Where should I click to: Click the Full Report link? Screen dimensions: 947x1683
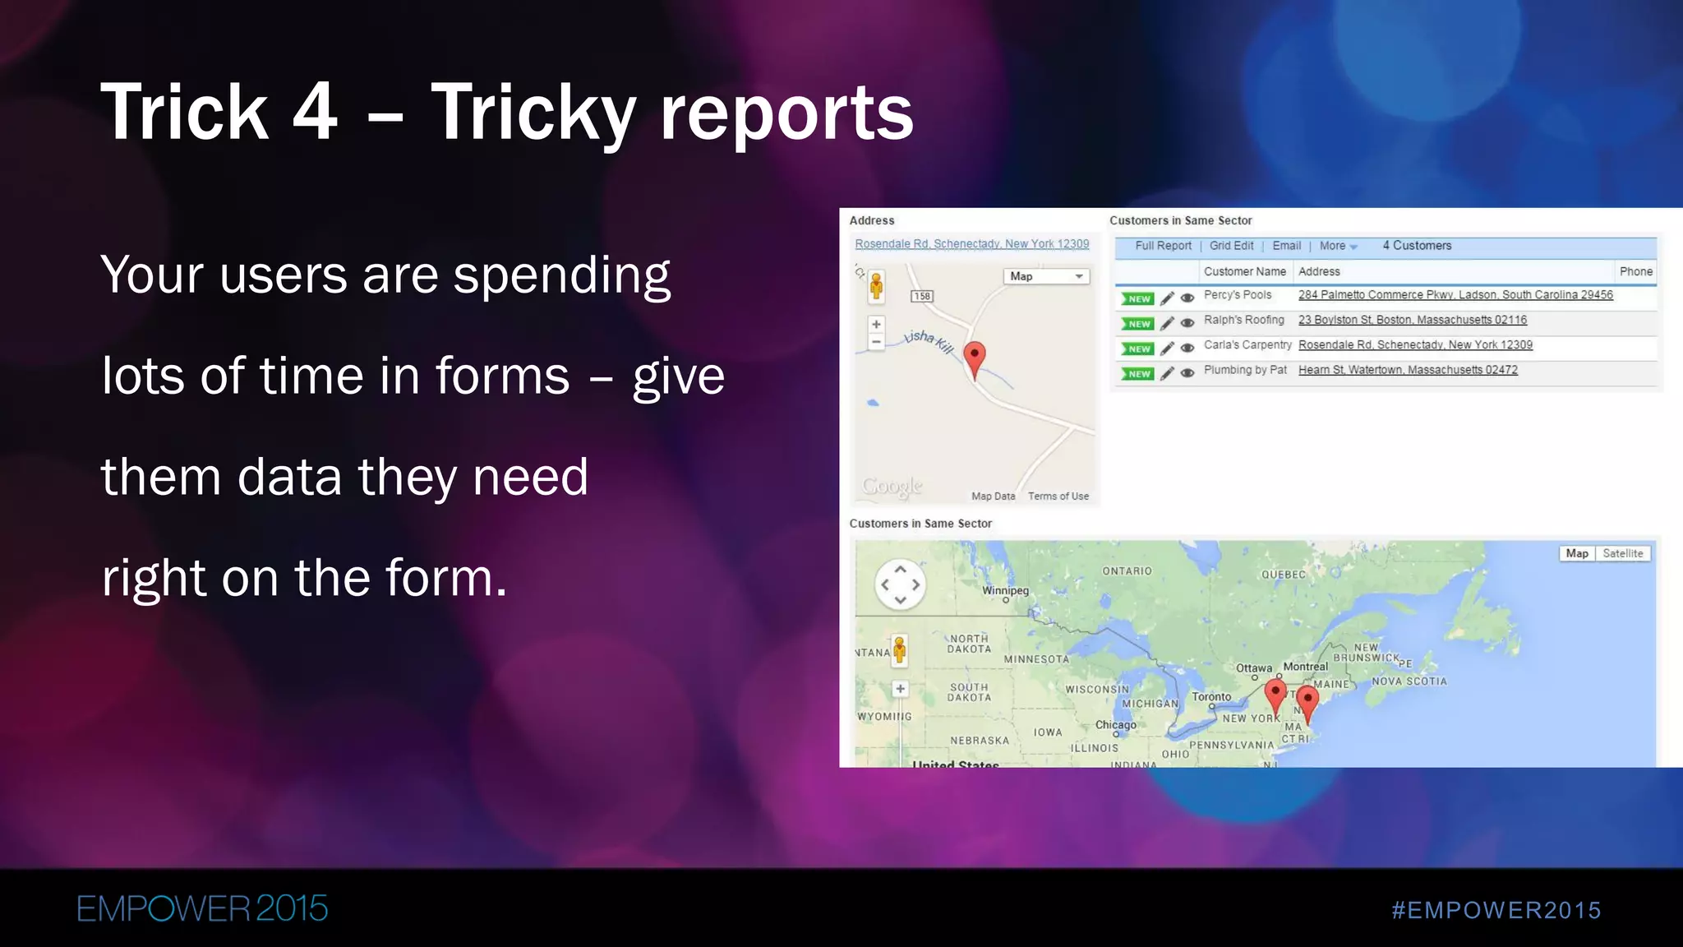(x=1163, y=246)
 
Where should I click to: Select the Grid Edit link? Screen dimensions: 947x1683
(x=1231, y=246)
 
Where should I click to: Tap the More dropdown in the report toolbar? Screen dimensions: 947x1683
(x=1338, y=246)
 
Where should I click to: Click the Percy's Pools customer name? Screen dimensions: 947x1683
(x=1238, y=295)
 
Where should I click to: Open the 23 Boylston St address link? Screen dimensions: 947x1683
(x=1412, y=320)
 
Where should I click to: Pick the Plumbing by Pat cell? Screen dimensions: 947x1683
(x=1245, y=370)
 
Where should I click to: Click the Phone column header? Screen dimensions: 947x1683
(x=1635, y=271)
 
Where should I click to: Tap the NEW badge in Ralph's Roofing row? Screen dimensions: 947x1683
(x=1138, y=324)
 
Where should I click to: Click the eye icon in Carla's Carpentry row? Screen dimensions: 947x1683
(x=1187, y=349)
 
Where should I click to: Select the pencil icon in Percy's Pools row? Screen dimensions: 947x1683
(x=1167, y=298)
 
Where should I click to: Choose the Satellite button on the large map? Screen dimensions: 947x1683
(x=1622, y=553)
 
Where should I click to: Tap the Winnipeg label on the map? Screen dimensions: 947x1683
(x=1005, y=590)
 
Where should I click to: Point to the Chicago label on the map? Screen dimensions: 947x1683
(x=1115, y=725)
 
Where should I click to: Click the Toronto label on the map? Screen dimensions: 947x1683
(x=1211, y=697)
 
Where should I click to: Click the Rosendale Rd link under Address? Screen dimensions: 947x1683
(x=971, y=244)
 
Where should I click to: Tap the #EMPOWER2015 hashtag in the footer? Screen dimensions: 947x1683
(x=1496, y=910)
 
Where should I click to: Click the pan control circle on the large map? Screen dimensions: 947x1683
(x=900, y=584)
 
